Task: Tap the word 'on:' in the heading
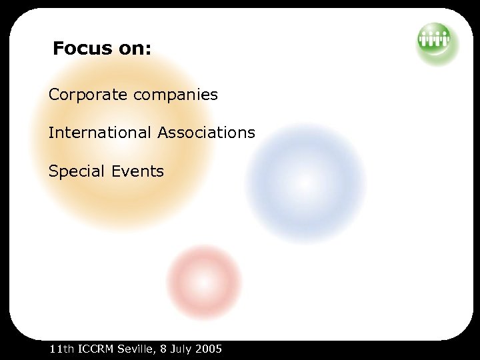coord(134,49)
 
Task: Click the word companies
coord(176,95)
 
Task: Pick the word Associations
coord(207,133)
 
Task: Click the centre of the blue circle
coord(305,183)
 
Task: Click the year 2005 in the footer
coord(209,349)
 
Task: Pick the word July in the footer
coord(181,349)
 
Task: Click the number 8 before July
coord(163,349)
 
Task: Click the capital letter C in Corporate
coord(53,95)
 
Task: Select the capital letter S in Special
coord(53,171)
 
